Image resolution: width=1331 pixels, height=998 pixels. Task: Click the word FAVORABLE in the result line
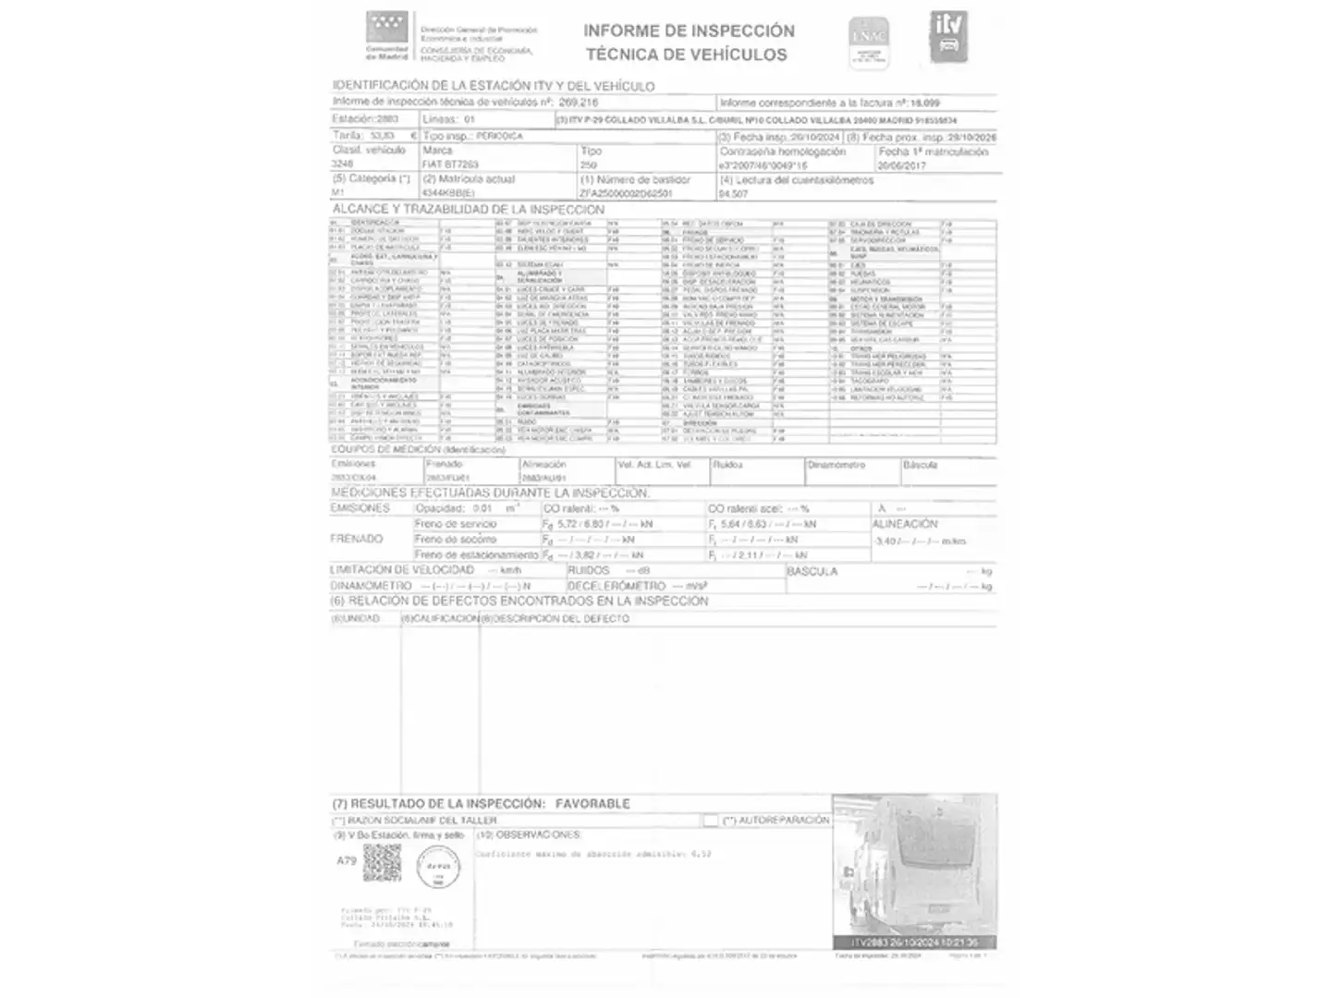(592, 804)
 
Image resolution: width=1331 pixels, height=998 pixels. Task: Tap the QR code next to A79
(382, 862)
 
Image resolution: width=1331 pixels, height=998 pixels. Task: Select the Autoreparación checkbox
(710, 820)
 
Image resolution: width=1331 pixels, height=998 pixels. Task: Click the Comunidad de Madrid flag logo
(385, 28)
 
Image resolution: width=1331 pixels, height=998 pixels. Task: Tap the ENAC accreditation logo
(869, 43)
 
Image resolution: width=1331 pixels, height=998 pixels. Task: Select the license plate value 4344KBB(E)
(450, 194)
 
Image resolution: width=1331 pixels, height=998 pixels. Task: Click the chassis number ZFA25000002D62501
(626, 194)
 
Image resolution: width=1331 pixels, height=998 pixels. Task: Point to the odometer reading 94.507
(734, 194)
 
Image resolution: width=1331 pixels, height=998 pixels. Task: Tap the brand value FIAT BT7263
(450, 164)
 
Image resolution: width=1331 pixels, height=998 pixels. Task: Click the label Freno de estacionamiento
(476, 554)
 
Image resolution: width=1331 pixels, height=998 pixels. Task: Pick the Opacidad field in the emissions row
(440, 508)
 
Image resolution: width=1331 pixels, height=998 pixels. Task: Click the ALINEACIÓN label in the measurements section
(905, 524)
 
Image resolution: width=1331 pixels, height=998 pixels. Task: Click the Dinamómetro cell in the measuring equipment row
(836, 465)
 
